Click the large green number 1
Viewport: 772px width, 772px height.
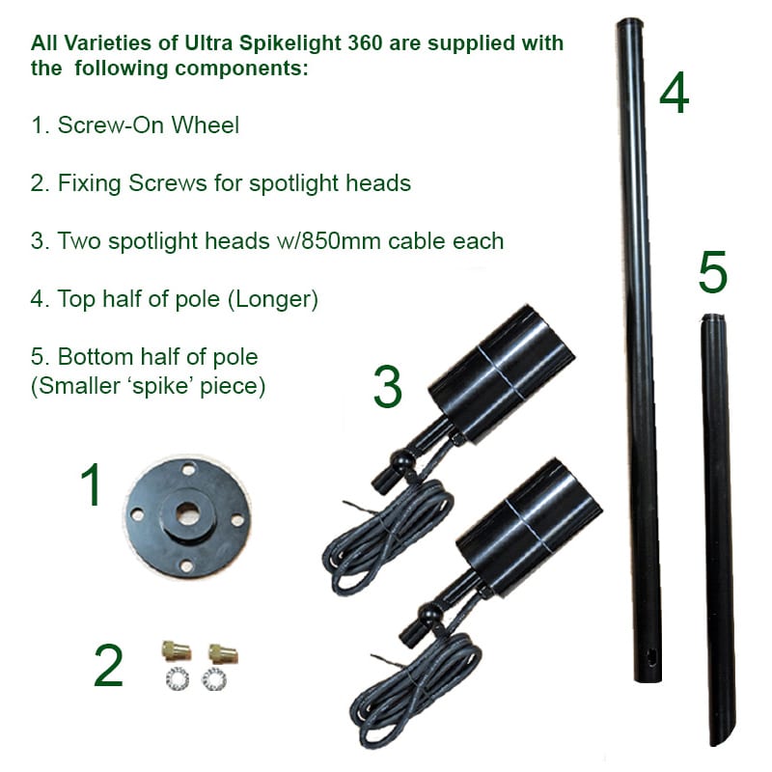(x=92, y=485)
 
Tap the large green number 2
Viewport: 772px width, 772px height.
(x=108, y=666)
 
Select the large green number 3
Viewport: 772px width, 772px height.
(x=387, y=388)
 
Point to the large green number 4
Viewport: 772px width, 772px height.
(x=674, y=94)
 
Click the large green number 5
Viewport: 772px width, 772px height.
(x=712, y=273)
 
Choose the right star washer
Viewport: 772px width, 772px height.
(x=213, y=678)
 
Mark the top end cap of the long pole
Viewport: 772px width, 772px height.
(x=629, y=24)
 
